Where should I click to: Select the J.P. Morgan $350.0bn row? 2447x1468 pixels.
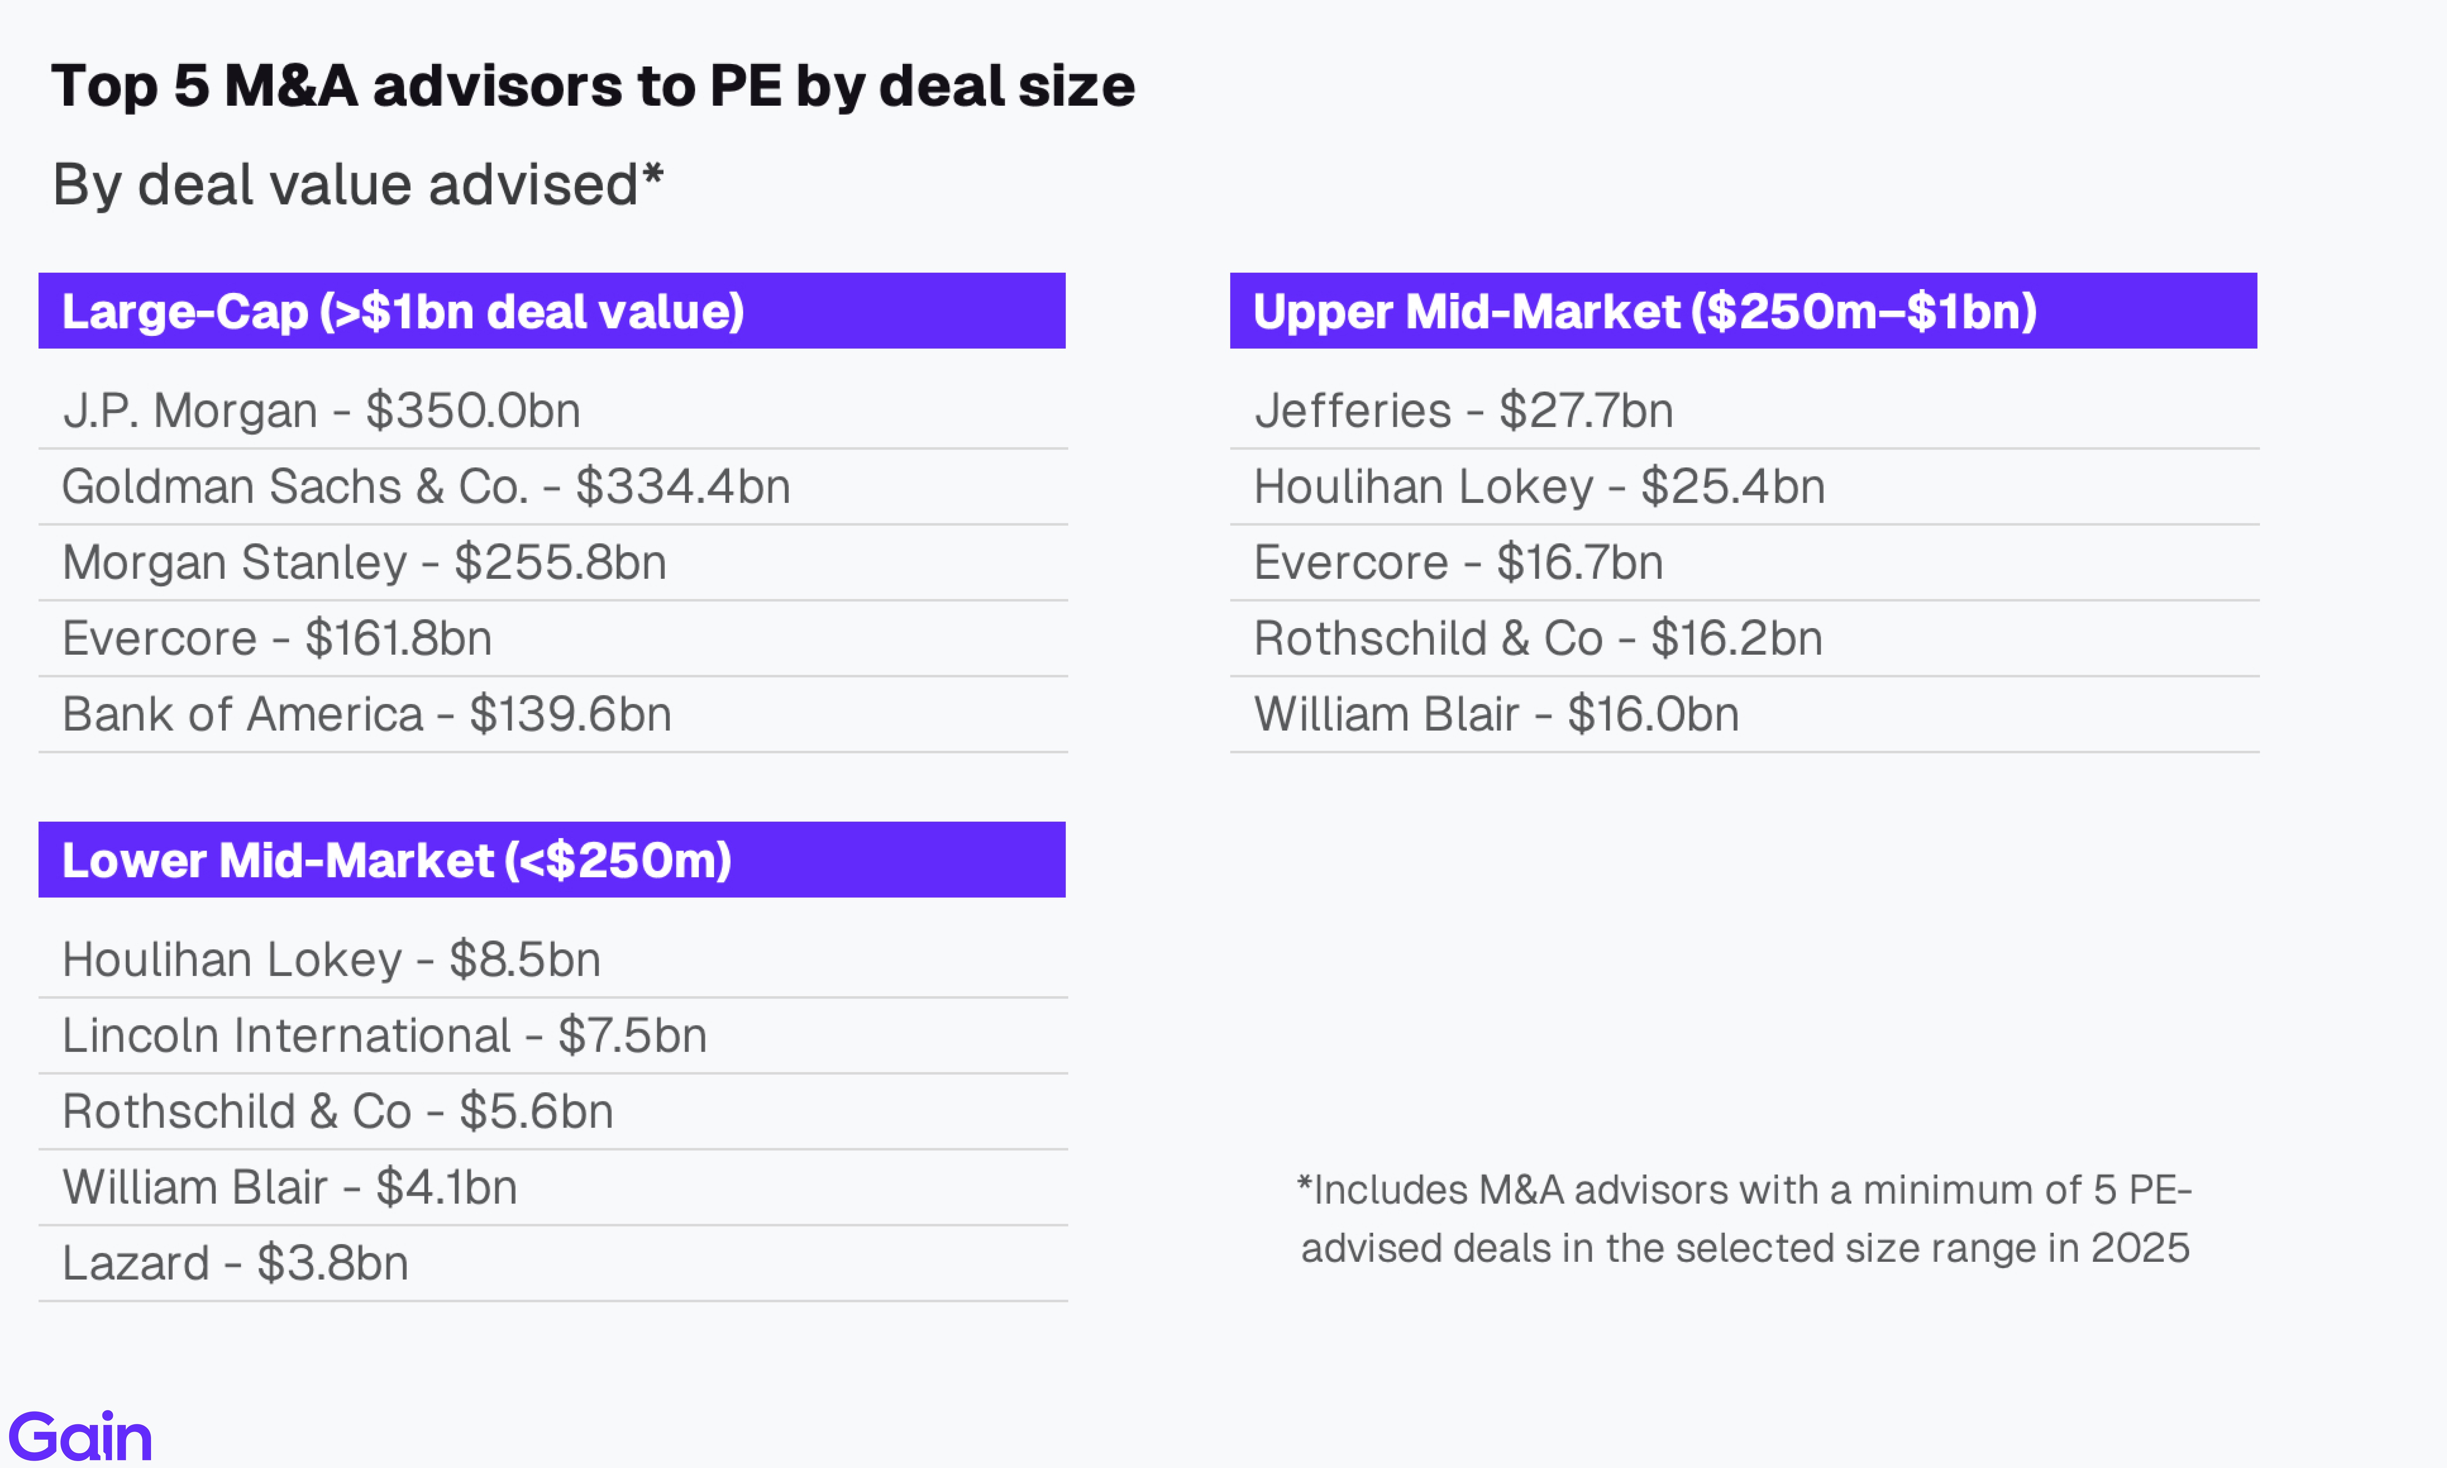pos(322,411)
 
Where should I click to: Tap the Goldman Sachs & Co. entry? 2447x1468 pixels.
pos(425,487)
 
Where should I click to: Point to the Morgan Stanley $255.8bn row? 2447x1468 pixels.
pos(364,562)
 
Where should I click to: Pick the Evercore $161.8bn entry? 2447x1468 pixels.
pos(277,638)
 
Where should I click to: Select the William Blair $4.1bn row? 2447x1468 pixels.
pos(289,1187)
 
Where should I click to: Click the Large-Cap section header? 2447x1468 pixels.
pos(551,311)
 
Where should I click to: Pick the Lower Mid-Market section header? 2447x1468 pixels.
pos(551,859)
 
